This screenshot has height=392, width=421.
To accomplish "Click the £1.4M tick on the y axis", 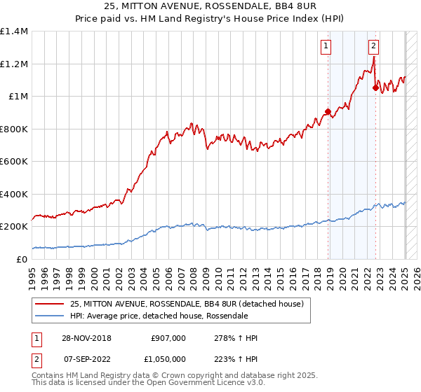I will pyautogui.click(x=14, y=31).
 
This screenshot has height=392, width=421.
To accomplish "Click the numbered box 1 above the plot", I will pyautogui.click(x=328, y=47).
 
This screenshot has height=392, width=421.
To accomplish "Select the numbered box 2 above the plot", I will pyautogui.click(x=373, y=47).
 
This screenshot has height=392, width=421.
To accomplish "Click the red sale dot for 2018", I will pyautogui.click(x=328, y=111).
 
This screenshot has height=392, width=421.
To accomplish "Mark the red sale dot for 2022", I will pyautogui.click(x=375, y=88).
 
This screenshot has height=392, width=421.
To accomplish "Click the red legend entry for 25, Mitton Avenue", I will pyautogui.click(x=186, y=304).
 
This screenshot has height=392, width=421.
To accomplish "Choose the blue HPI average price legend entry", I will pyautogui.click(x=159, y=316).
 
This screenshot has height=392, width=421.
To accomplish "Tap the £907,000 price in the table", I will pyautogui.click(x=168, y=338).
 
